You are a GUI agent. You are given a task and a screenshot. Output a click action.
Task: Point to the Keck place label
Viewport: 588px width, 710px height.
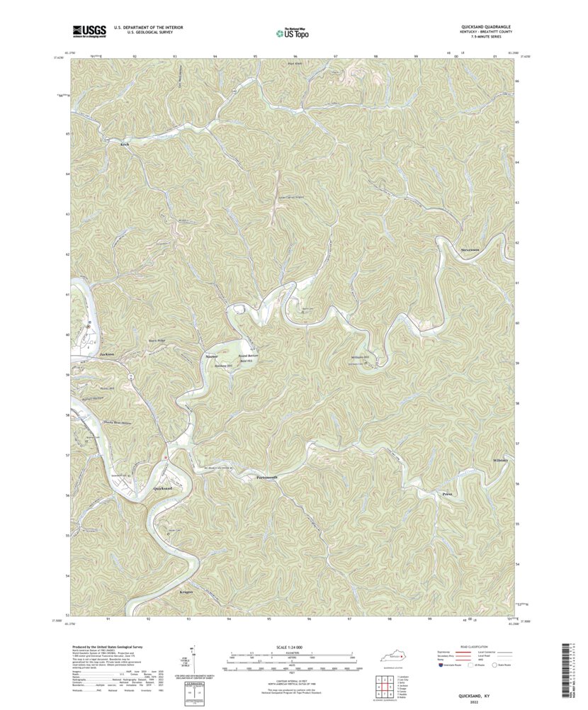125,145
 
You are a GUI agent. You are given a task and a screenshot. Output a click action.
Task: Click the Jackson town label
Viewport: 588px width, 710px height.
108,354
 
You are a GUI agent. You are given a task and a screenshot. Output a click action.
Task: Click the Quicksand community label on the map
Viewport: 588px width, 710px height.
162,488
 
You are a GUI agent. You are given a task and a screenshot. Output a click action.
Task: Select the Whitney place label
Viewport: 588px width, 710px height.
500,461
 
